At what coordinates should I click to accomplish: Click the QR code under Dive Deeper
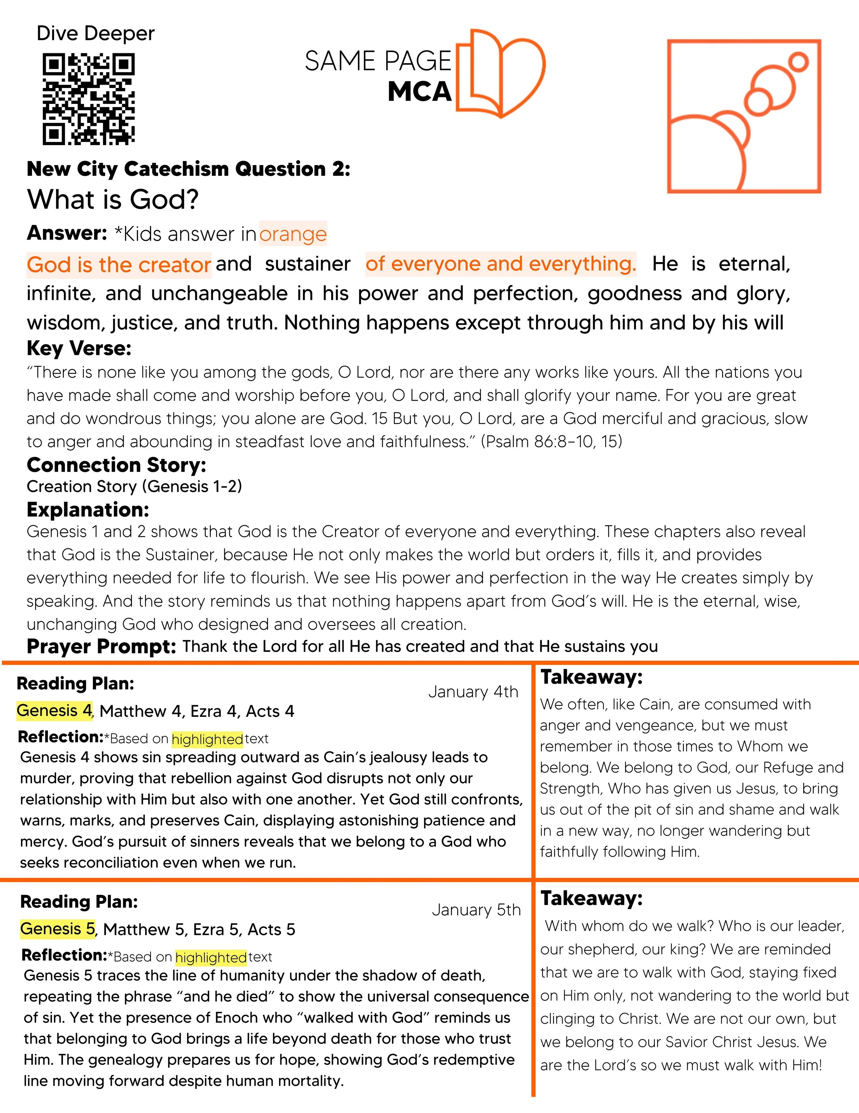tap(88, 99)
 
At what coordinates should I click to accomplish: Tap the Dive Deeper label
tap(95, 34)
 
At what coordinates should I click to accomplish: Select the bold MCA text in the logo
tap(419, 92)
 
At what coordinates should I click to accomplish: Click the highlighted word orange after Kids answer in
tap(293, 234)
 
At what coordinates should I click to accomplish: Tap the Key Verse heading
tap(79, 348)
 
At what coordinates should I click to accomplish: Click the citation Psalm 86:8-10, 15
tap(551, 441)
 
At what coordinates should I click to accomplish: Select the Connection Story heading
tap(116, 465)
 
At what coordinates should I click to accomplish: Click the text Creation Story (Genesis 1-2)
tap(134, 486)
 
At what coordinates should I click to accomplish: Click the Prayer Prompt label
tap(101, 646)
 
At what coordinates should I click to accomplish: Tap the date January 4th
tap(473, 692)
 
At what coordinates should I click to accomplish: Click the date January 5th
tap(476, 910)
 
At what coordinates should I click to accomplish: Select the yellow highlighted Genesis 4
tap(54, 710)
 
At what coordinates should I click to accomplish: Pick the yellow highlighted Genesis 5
tap(57, 929)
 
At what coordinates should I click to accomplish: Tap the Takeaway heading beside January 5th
tap(592, 898)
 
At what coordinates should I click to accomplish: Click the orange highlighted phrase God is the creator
tap(119, 265)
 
